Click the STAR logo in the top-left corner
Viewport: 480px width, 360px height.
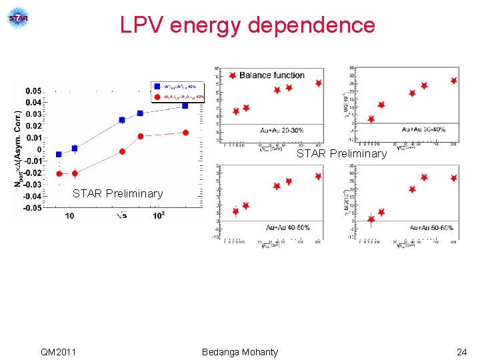pos(19,18)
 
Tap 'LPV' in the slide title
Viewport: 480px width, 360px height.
pos(142,25)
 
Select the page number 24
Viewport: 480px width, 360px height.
pos(461,352)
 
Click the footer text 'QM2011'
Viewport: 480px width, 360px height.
pos(58,352)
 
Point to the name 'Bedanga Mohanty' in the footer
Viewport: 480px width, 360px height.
pos(240,352)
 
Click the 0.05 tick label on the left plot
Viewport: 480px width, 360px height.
pos(33,91)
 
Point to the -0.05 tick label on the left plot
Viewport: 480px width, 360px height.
pos(31,207)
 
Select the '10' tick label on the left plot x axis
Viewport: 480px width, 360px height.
pos(69,216)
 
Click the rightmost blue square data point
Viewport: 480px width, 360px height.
pos(185,105)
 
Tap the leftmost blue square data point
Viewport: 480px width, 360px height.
pos(59,154)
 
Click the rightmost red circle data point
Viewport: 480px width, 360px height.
pos(185,133)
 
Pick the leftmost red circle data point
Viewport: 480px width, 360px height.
pos(59,173)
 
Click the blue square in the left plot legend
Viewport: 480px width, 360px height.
pos(157,86)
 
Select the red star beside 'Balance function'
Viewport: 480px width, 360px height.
pos(231,75)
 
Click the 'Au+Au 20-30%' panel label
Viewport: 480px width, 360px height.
pos(284,129)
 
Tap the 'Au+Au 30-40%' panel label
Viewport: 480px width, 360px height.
pos(427,129)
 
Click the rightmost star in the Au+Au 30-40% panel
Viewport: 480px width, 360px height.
pos(454,81)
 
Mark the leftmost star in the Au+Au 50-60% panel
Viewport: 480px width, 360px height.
pos(371,219)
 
